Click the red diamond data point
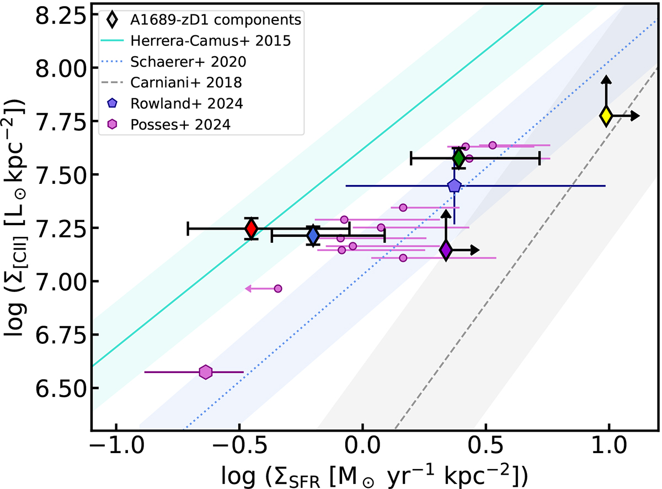(x=252, y=228)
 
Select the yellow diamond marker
(x=606, y=115)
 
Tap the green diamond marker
(x=458, y=158)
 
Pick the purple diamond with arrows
(x=446, y=250)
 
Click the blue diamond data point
(x=313, y=236)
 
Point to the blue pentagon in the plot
(x=454, y=186)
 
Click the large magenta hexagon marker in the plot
(x=206, y=372)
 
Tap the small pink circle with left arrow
(x=278, y=289)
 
